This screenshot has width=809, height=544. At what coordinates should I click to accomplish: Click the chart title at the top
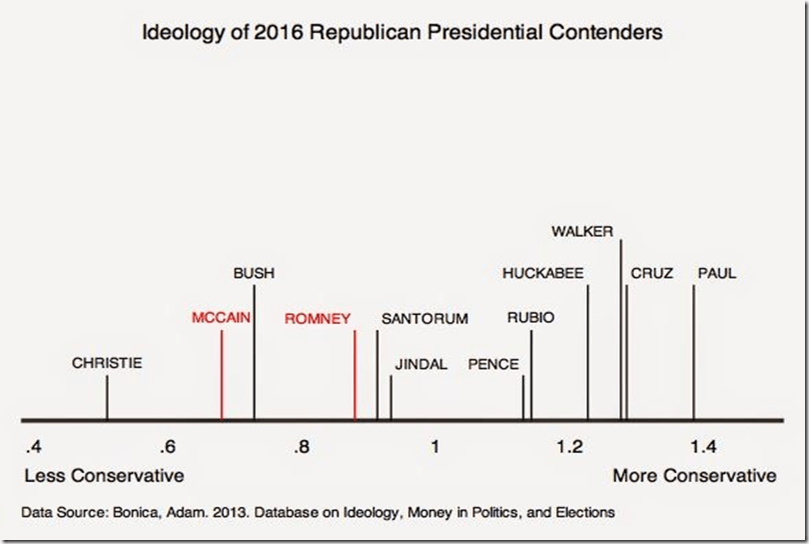pos(404,32)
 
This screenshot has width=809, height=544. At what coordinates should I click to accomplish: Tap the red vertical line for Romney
pos(355,375)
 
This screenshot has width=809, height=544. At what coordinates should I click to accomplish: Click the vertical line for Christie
pos(107,398)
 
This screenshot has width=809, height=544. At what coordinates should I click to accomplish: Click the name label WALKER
pos(582,231)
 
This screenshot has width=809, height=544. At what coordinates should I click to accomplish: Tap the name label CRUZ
pos(651,273)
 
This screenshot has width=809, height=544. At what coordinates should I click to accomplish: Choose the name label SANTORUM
pos(424,319)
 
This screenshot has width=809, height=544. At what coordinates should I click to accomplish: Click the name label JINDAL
pos(420,364)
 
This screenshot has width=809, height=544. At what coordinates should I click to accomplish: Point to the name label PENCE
pos(493,364)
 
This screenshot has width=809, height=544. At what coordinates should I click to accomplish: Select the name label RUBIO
pos(530,318)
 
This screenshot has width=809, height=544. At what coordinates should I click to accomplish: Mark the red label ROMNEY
pos(318,319)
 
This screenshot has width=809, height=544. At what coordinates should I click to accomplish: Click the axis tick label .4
pos(33,446)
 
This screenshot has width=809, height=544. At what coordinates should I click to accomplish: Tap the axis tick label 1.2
pos(568,446)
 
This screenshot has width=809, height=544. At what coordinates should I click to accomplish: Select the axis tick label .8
pos(301,446)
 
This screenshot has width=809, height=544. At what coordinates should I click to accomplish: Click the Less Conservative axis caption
pos(104,474)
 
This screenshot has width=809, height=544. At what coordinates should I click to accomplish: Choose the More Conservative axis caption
pos(694,474)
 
